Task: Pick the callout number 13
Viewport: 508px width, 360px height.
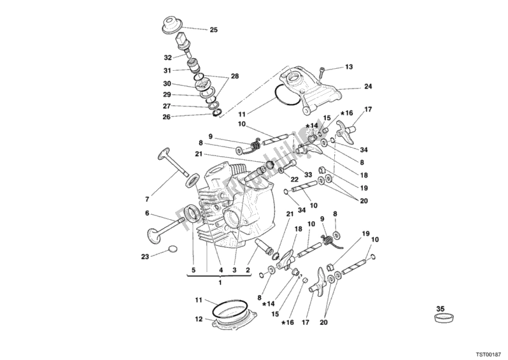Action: (348, 66)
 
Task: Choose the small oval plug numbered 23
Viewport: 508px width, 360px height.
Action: (173, 249)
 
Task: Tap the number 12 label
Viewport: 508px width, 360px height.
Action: (198, 319)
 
